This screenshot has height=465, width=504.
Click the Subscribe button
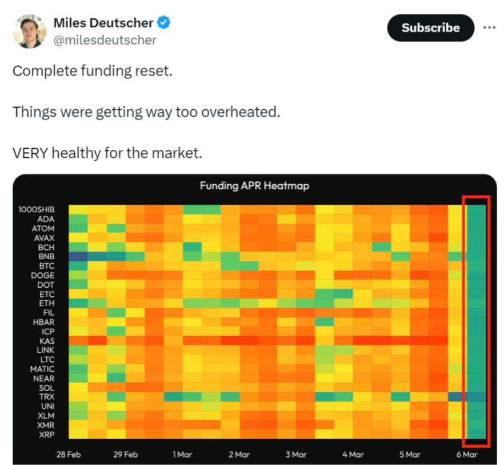[430, 27]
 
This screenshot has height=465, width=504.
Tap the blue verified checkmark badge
[164, 23]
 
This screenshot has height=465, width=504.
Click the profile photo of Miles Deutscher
[29, 31]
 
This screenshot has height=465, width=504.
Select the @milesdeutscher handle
[105, 40]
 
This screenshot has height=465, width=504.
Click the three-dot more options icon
[489, 27]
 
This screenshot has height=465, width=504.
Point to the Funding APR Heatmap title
[254, 186]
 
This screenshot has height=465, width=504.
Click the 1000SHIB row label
[37, 209]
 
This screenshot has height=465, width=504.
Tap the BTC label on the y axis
[46, 266]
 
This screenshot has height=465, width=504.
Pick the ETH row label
[46, 303]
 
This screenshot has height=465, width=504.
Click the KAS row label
[46, 341]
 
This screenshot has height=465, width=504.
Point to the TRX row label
[46, 397]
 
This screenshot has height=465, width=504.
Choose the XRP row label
[46, 434]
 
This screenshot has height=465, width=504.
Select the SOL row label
[46, 388]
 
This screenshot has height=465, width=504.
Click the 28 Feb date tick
[68, 455]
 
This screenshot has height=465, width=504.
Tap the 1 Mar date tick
[182, 455]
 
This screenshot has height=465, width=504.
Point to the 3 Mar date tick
[296, 455]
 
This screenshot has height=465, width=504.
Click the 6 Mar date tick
[467, 455]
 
